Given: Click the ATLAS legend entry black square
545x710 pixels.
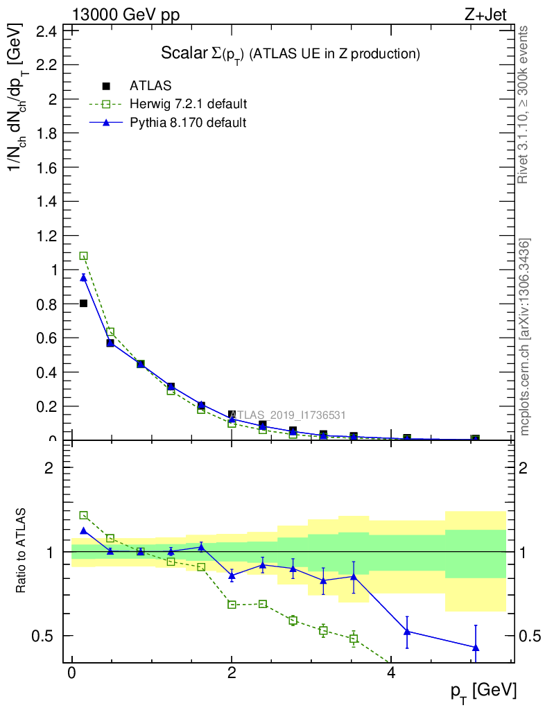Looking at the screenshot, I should pos(106,86).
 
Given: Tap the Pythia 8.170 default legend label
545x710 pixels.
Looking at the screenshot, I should pos(188,123).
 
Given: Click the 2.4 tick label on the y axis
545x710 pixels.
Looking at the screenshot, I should pos(46,31).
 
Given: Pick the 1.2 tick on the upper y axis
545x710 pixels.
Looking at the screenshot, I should pos(46,236).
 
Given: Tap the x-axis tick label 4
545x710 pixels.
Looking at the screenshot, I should pos(391,673).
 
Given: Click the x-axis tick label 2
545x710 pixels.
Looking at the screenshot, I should pos(232,673).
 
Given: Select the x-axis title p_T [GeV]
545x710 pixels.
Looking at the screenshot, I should pos(483,690).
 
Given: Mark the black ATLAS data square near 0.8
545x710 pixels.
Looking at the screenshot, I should pos(84,303).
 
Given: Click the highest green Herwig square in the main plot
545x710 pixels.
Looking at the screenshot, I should pos(84,256).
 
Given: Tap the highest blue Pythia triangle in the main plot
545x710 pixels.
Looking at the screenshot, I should pos(84,277).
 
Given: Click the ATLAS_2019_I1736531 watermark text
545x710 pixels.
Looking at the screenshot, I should pos(288,415).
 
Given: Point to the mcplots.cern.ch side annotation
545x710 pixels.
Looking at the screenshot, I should pos(525,337).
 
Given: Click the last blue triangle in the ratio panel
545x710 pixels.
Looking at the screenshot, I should pos(476,648).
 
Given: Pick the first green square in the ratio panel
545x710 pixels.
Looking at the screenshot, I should pos(84,515).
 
